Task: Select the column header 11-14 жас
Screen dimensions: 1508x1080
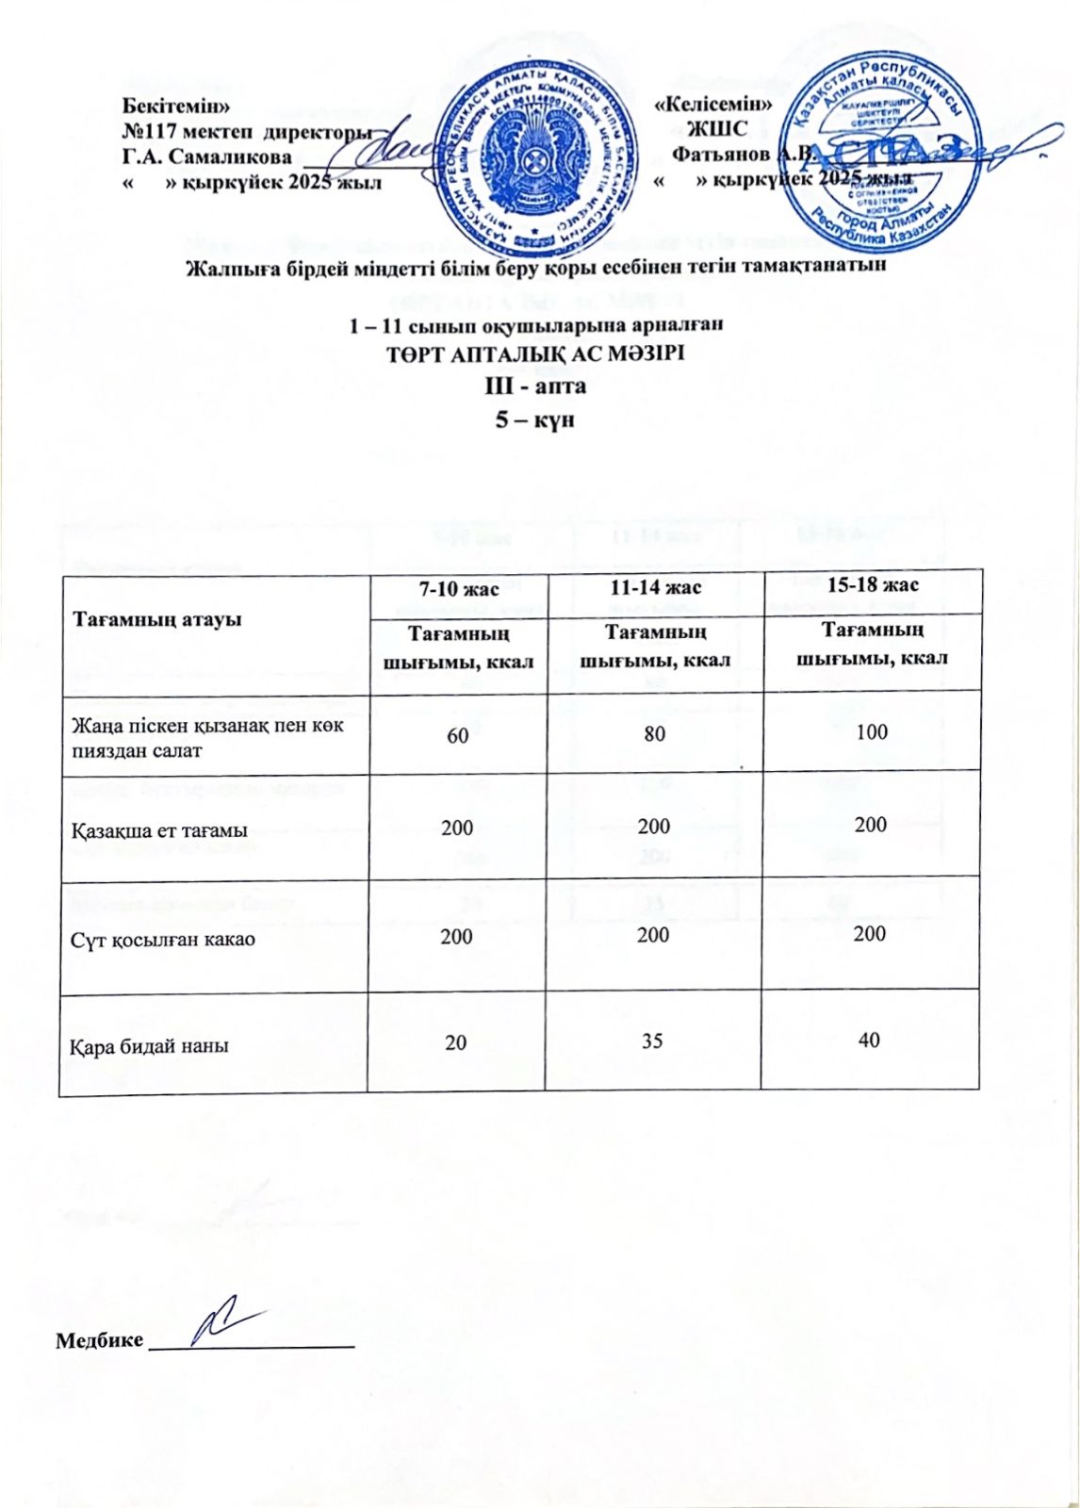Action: [x=655, y=587]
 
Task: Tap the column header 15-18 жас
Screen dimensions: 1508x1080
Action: [x=873, y=584]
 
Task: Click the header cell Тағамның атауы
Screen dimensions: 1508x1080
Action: [x=157, y=619]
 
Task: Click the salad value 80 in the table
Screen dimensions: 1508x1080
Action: [x=655, y=733]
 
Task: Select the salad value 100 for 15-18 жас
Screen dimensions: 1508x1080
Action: [x=873, y=731]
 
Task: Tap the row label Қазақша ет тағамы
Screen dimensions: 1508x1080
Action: [x=160, y=831]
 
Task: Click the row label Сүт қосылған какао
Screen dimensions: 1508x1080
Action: [x=163, y=940]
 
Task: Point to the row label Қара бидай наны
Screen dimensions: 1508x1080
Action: [x=150, y=1046]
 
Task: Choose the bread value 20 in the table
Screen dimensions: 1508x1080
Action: [x=456, y=1042]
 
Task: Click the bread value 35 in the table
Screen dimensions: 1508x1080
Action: [x=652, y=1041]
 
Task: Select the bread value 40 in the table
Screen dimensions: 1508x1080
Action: [x=870, y=1039]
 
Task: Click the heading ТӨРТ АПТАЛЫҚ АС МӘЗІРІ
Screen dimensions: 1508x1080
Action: [x=535, y=354]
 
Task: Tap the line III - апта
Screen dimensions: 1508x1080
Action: [x=535, y=386]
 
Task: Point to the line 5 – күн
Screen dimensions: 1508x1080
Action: [x=535, y=419]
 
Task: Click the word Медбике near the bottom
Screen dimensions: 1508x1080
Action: [x=100, y=1340]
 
